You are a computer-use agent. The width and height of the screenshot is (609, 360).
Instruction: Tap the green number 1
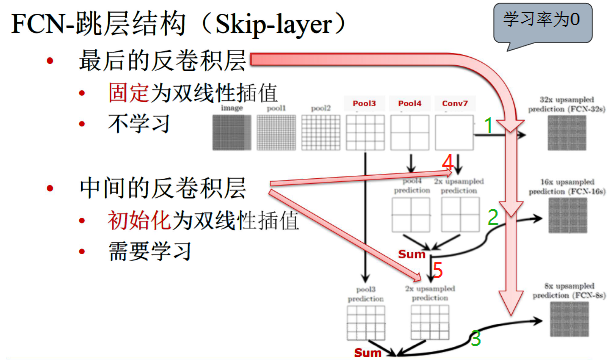[489, 125]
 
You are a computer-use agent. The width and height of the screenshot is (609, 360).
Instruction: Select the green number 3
[476, 338]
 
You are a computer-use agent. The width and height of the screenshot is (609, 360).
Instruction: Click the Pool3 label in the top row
[364, 103]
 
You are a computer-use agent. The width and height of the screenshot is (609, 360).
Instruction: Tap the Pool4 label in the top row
[410, 103]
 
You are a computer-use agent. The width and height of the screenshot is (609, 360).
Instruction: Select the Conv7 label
[456, 103]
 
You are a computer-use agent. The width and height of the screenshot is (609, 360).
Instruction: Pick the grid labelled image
[232, 129]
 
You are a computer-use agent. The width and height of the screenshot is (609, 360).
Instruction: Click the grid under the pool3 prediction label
[365, 322]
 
